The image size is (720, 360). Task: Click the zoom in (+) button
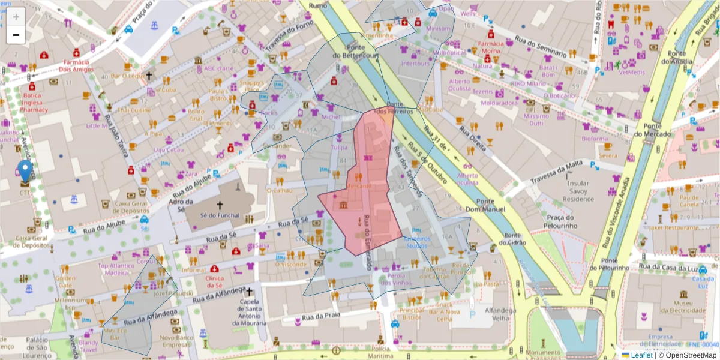(x=16, y=17)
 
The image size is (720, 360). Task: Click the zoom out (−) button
(x=16, y=35)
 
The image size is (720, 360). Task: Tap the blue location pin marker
(x=25, y=170)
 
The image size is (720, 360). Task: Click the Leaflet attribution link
(x=641, y=355)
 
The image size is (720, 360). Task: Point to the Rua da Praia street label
(x=321, y=316)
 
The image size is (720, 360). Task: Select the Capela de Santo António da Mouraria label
(x=248, y=313)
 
